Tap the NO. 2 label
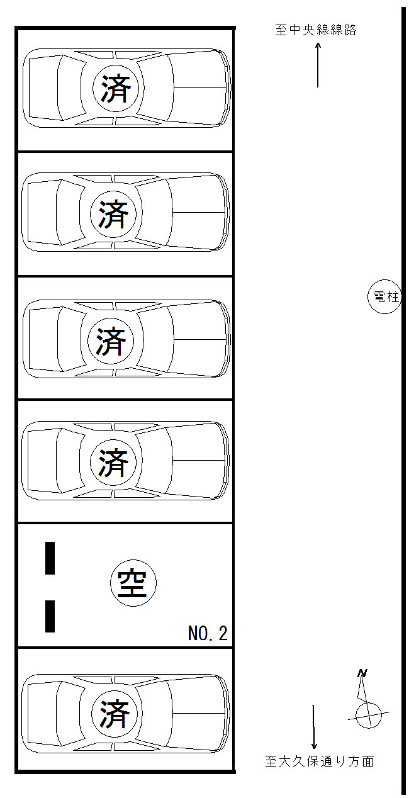point(208,633)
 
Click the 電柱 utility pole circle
point(384,296)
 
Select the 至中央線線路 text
point(316,30)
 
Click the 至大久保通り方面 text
point(320,761)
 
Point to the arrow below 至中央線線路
point(318,65)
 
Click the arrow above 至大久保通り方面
point(314,727)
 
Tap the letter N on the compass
point(362,673)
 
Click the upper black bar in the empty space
point(50,558)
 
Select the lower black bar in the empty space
point(50,616)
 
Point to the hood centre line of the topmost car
point(200,87)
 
